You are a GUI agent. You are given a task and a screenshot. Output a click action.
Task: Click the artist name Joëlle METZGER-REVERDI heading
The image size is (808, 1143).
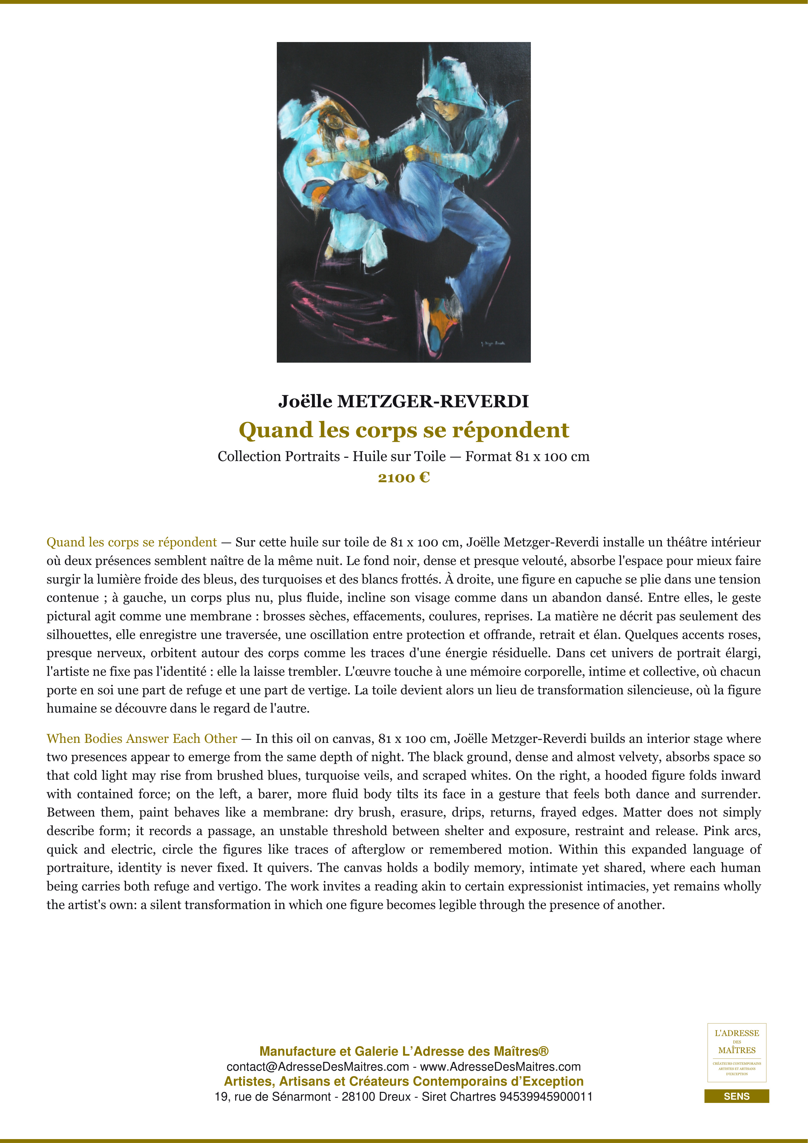coord(404,401)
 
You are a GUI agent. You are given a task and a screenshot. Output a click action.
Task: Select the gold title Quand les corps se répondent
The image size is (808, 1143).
coord(404,430)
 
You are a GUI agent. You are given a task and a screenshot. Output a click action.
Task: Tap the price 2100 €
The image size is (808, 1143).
coord(404,478)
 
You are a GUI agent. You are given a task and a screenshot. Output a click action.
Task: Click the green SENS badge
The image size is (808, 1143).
coord(736,1096)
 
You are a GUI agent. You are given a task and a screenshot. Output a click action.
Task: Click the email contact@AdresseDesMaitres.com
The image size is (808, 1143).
coord(318,1067)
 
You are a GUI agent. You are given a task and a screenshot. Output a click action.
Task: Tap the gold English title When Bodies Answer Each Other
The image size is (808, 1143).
coord(142,739)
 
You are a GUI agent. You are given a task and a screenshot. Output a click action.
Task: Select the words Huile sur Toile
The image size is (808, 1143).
coord(399,456)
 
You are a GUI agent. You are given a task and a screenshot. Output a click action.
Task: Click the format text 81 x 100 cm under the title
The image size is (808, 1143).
coord(552,456)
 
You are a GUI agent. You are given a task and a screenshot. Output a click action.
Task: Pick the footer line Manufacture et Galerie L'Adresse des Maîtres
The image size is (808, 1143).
coord(404,1051)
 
